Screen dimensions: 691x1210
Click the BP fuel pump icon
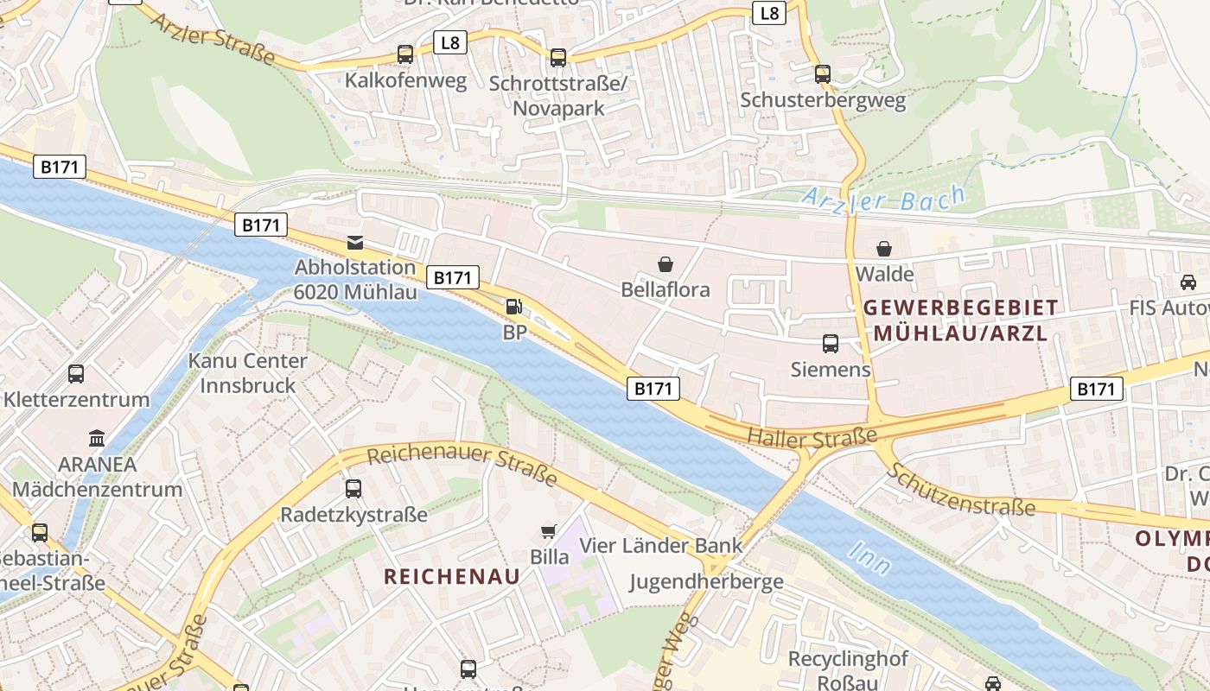(x=513, y=306)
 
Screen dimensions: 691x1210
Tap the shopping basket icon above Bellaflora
(x=665, y=263)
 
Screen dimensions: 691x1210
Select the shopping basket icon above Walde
(x=884, y=249)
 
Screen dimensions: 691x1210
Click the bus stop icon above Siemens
(x=831, y=344)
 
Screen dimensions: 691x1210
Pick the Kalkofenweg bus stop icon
(x=405, y=54)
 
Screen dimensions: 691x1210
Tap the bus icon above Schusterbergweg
(x=822, y=74)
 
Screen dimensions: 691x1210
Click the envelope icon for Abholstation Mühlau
(x=355, y=242)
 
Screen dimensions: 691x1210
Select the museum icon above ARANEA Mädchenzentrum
(x=97, y=438)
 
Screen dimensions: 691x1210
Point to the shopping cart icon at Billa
(x=549, y=531)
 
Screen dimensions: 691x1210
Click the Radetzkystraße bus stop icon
(x=353, y=489)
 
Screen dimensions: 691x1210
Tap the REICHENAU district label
(x=452, y=577)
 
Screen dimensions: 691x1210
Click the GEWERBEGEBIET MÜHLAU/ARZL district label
(x=960, y=320)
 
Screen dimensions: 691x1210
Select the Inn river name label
(x=870, y=558)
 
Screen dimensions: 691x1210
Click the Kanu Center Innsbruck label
(x=248, y=373)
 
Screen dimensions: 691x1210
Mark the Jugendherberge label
(x=706, y=581)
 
